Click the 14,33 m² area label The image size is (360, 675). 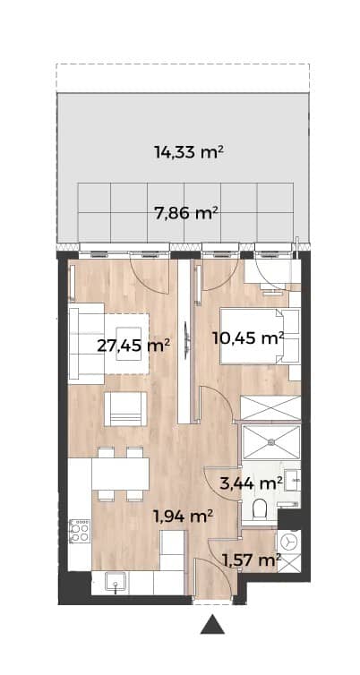click(189, 152)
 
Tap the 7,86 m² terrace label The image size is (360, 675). click(185, 213)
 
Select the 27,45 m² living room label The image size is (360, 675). click(133, 346)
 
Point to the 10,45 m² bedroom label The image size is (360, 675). click(248, 337)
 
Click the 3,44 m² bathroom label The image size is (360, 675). click(251, 483)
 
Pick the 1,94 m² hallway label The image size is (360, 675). click(184, 516)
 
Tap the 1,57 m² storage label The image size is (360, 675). click(251, 560)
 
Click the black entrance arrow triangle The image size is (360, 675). click(212, 624)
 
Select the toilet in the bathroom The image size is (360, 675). click(260, 508)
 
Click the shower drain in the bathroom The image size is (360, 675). click(271, 441)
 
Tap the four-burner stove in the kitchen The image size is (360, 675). click(80, 531)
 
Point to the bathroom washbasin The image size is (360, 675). click(292, 480)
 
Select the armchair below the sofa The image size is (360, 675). click(125, 409)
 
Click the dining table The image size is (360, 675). click(120, 474)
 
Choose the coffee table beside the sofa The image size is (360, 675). click(126, 344)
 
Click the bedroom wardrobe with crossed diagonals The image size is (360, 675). click(270, 407)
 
